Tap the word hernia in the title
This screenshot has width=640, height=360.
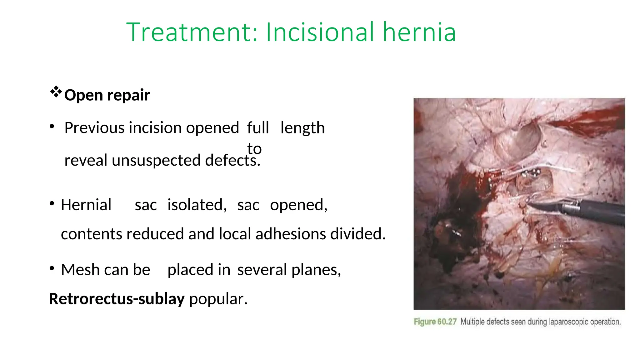click(419, 32)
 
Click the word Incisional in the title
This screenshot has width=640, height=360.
click(321, 32)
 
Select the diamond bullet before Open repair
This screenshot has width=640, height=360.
click(56, 92)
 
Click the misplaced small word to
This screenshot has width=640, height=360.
click(254, 148)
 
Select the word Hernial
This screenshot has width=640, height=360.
click(86, 205)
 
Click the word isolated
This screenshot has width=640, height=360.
click(197, 205)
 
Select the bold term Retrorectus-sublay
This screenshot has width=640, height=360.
click(117, 299)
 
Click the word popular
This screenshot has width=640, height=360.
click(218, 299)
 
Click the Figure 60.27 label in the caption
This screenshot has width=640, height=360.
click(435, 322)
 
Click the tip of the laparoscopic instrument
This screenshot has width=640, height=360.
click(530, 204)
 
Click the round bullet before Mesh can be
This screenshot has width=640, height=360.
click(52, 269)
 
